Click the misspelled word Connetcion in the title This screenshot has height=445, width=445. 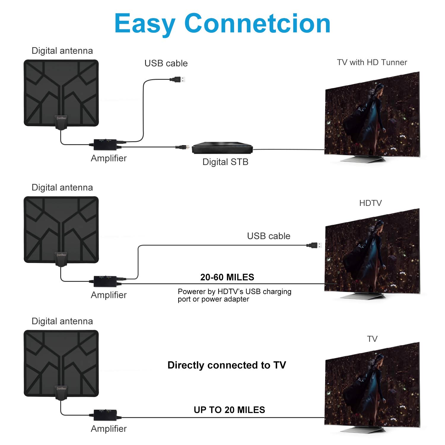pyautogui.click(x=257, y=24)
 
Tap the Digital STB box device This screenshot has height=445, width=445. pyautogui.click(x=222, y=148)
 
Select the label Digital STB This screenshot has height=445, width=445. pyautogui.click(x=225, y=162)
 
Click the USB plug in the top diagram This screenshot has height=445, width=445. pyautogui.click(x=178, y=79)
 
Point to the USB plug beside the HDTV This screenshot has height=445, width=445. pyautogui.click(x=315, y=245)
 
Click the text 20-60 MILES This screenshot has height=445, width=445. pyautogui.click(x=227, y=277)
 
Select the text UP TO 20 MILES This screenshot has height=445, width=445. pyautogui.click(x=229, y=410)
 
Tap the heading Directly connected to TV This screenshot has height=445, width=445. pyautogui.click(x=227, y=365)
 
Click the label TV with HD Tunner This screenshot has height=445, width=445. pyautogui.click(x=372, y=62)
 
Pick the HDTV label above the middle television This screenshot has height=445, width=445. pyautogui.click(x=370, y=203)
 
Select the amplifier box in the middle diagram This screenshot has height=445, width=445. pyautogui.click(x=105, y=281)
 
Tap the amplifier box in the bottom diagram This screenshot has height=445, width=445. pyautogui.click(x=105, y=415)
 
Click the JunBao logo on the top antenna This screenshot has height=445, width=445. pyautogui.click(x=61, y=118)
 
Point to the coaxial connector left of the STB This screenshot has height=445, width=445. pyautogui.click(x=182, y=147)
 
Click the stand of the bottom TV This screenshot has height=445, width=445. pyautogui.click(x=363, y=429)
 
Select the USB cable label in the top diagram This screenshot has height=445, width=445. pyautogui.click(x=166, y=63)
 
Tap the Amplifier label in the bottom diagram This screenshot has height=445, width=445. pyautogui.click(x=109, y=429)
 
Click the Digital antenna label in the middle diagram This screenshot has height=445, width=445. pyautogui.click(x=62, y=187)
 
